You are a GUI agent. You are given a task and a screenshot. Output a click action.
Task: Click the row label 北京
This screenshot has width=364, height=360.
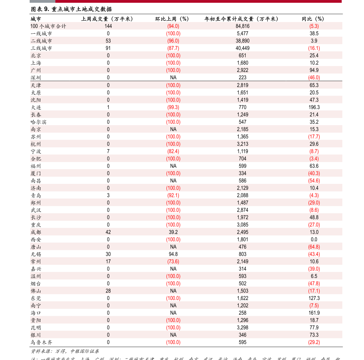36,56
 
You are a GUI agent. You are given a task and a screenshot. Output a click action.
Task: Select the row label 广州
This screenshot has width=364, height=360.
36,70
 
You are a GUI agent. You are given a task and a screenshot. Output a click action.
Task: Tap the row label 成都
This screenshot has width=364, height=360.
36,232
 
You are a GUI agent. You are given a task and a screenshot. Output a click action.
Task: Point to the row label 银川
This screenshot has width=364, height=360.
36,335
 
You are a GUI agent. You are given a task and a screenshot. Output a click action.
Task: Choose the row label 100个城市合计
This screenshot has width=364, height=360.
48,26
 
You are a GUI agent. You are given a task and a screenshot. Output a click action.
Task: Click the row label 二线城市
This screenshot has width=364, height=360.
41,41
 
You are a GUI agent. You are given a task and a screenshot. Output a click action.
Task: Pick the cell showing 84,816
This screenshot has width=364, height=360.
242,26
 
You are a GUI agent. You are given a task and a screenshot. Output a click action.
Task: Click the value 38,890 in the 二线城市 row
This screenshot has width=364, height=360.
242,41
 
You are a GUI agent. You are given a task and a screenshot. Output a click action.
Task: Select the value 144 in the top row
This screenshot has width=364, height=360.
108,26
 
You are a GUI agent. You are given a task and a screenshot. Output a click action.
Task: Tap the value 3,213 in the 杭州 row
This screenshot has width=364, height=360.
242,144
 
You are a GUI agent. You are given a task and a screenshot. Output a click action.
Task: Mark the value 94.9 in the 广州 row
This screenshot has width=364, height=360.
314,70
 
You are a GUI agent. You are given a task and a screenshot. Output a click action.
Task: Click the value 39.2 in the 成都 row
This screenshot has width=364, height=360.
173,232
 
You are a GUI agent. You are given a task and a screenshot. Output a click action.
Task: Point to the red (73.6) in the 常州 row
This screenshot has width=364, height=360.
173,262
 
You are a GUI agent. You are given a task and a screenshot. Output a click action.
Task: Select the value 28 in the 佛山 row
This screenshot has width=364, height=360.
108,291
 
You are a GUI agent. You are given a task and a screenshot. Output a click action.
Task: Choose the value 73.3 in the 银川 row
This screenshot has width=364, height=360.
314,335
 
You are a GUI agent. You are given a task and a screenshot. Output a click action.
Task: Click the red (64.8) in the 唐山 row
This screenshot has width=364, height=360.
314,247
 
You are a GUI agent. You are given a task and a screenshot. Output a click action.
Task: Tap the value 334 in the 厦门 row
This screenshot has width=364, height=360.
242,173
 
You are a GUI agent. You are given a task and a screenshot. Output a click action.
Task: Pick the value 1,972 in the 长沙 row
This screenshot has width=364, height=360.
242,217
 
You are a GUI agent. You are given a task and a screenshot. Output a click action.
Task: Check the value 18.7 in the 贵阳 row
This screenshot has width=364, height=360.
314,320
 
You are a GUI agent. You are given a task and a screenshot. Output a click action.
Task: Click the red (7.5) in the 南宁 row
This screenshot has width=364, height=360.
314,306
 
